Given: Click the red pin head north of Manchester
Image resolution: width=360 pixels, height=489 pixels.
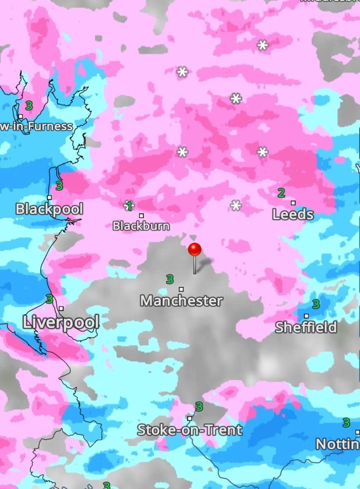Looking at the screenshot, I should [x=195, y=249].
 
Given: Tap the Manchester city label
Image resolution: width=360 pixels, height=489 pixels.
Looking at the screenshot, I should [x=181, y=301].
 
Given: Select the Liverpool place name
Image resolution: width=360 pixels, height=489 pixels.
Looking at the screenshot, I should [x=61, y=322].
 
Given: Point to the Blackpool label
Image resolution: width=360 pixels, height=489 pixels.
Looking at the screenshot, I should [x=49, y=209].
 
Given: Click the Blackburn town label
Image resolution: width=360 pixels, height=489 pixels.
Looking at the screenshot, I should [x=141, y=226].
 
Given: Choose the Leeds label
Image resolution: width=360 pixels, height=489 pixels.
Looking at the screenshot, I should [x=293, y=215].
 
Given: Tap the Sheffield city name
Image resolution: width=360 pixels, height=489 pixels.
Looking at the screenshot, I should [x=306, y=327].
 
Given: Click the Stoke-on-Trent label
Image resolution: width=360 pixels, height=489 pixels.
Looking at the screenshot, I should [x=190, y=430].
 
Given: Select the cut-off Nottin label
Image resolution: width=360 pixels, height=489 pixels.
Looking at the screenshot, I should [x=338, y=444].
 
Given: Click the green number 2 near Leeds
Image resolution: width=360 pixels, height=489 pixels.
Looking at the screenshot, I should [x=281, y=193].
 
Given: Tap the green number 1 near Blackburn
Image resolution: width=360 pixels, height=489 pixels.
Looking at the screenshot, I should [x=129, y=206].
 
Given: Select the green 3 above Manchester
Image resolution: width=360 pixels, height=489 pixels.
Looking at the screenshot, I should [x=170, y=280].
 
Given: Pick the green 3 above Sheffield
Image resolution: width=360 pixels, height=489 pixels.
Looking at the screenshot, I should [x=316, y=304].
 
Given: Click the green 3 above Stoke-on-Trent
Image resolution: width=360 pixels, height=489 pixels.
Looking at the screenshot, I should [x=199, y=407].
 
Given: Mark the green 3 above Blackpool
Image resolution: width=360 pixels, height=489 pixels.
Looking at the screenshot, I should [x=59, y=186].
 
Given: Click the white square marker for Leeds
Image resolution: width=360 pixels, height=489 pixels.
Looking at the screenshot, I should [x=293, y=203].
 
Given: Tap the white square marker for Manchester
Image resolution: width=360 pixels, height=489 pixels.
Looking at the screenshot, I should [x=181, y=289].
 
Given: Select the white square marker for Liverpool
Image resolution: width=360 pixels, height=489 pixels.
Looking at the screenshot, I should [x=61, y=308].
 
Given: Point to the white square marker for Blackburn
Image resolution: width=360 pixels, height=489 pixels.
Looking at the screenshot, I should [x=141, y=216].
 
